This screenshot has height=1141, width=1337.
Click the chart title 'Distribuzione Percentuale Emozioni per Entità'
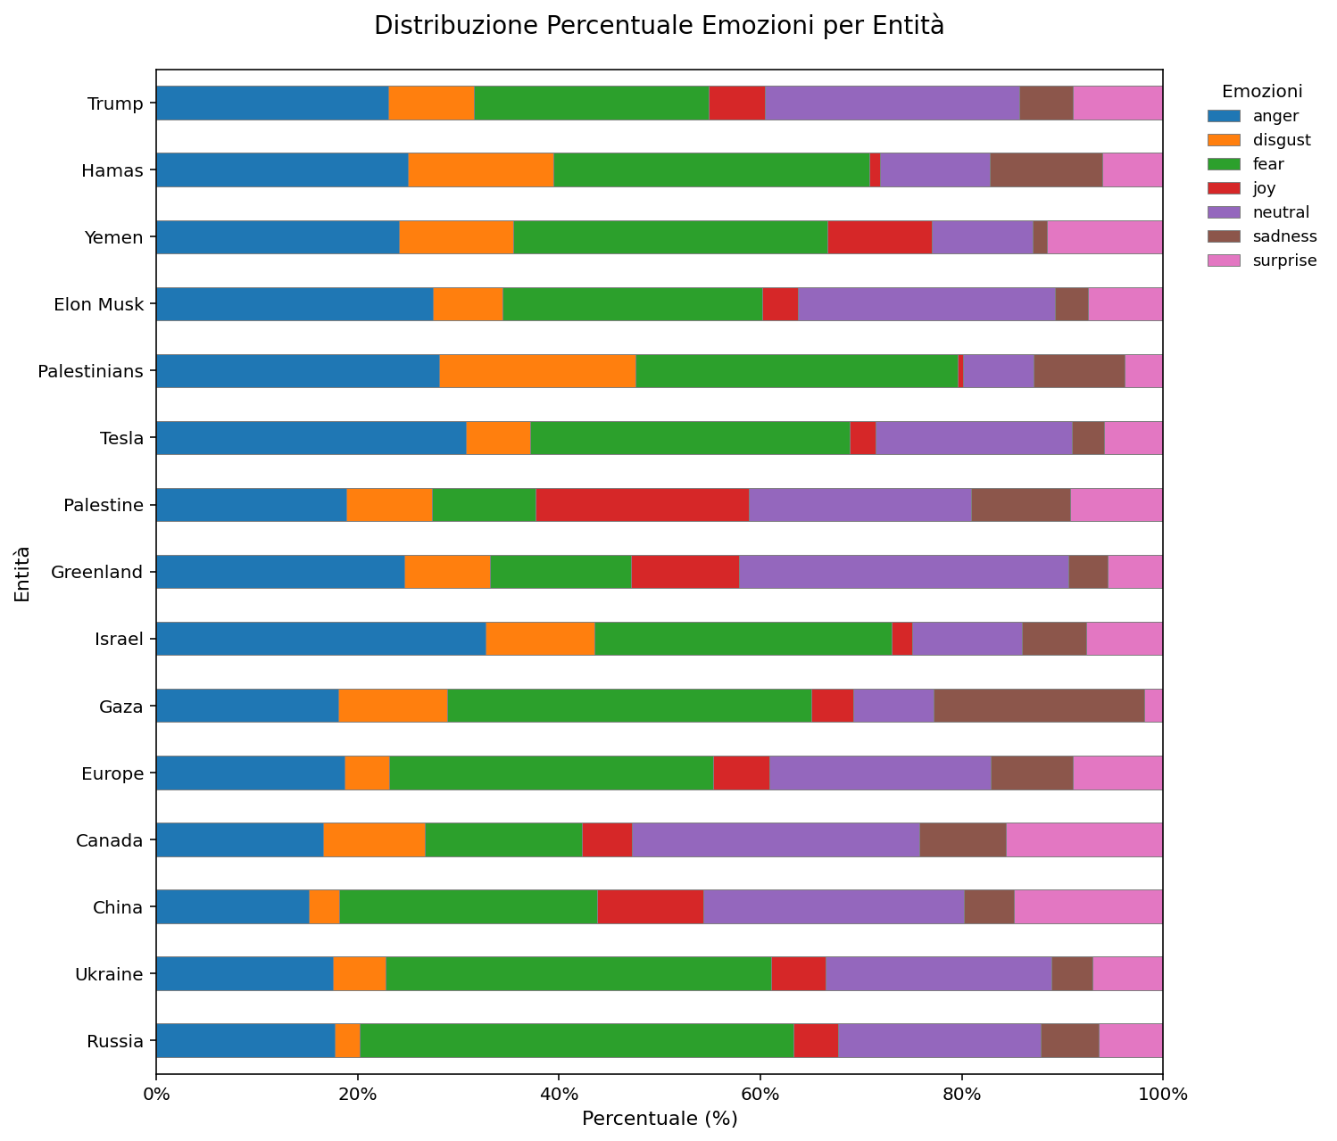click(659, 26)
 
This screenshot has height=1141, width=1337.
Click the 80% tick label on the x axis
click(961, 1095)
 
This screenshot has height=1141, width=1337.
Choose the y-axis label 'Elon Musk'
click(99, 304)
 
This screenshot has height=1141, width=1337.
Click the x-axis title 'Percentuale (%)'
click(659, 1119)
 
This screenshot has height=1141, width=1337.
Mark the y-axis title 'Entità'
click(22, 573)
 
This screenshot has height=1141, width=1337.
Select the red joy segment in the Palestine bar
click(642, 505)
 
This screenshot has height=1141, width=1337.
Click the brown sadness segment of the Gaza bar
click(1039, 706)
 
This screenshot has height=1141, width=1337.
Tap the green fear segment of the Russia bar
click(577, 1040)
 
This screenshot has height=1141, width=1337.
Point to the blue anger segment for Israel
click(320, 639)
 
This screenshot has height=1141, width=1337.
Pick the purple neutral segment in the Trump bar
click(892, 103)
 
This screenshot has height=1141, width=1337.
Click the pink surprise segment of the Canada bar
click(1084, 839)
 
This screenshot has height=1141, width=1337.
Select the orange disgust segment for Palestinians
click(537, 371)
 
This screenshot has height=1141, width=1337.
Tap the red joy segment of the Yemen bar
click(879, 237)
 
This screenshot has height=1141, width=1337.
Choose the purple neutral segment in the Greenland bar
click(903, 572)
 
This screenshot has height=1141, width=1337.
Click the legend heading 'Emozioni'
click(1262, 91)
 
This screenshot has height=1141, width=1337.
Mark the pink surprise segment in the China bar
click(1088, 906)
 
